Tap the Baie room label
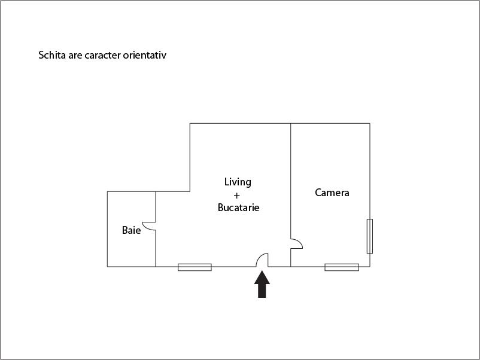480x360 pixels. [131, 230]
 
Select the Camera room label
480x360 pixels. [332, 193]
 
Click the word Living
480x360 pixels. [238, 182]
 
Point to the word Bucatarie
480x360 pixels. [238, 208]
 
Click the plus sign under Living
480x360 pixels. [237, 196]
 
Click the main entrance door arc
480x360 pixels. [262, 260]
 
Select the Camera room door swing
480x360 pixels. [297, 243]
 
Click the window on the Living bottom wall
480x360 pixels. [195, 267]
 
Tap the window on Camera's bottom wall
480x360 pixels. [342, 267]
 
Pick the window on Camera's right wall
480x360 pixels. [370, 236]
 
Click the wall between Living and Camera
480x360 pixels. [291, 179]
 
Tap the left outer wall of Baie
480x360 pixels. [108, 229]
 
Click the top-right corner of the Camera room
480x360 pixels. [370, 124]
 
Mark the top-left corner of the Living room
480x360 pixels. [190, 124]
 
